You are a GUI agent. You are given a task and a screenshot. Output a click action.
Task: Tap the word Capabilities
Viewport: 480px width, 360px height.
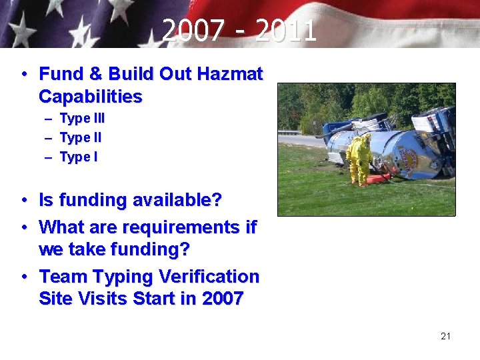(x=91, y=97)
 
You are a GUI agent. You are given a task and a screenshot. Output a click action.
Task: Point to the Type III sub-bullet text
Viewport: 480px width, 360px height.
(x=82, y=119)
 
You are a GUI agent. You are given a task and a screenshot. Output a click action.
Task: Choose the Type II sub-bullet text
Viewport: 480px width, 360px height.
(x=81, y=138)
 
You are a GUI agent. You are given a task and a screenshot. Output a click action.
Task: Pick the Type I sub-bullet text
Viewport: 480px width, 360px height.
(x=79, y=157)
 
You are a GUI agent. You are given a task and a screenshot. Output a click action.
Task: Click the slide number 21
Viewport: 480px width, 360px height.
(x=445, y=336)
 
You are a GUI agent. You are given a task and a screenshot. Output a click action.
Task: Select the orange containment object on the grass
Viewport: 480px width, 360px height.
(x=381, y=178)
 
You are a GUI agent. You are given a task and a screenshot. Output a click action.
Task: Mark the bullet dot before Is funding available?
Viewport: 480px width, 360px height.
(x=23, y=200)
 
